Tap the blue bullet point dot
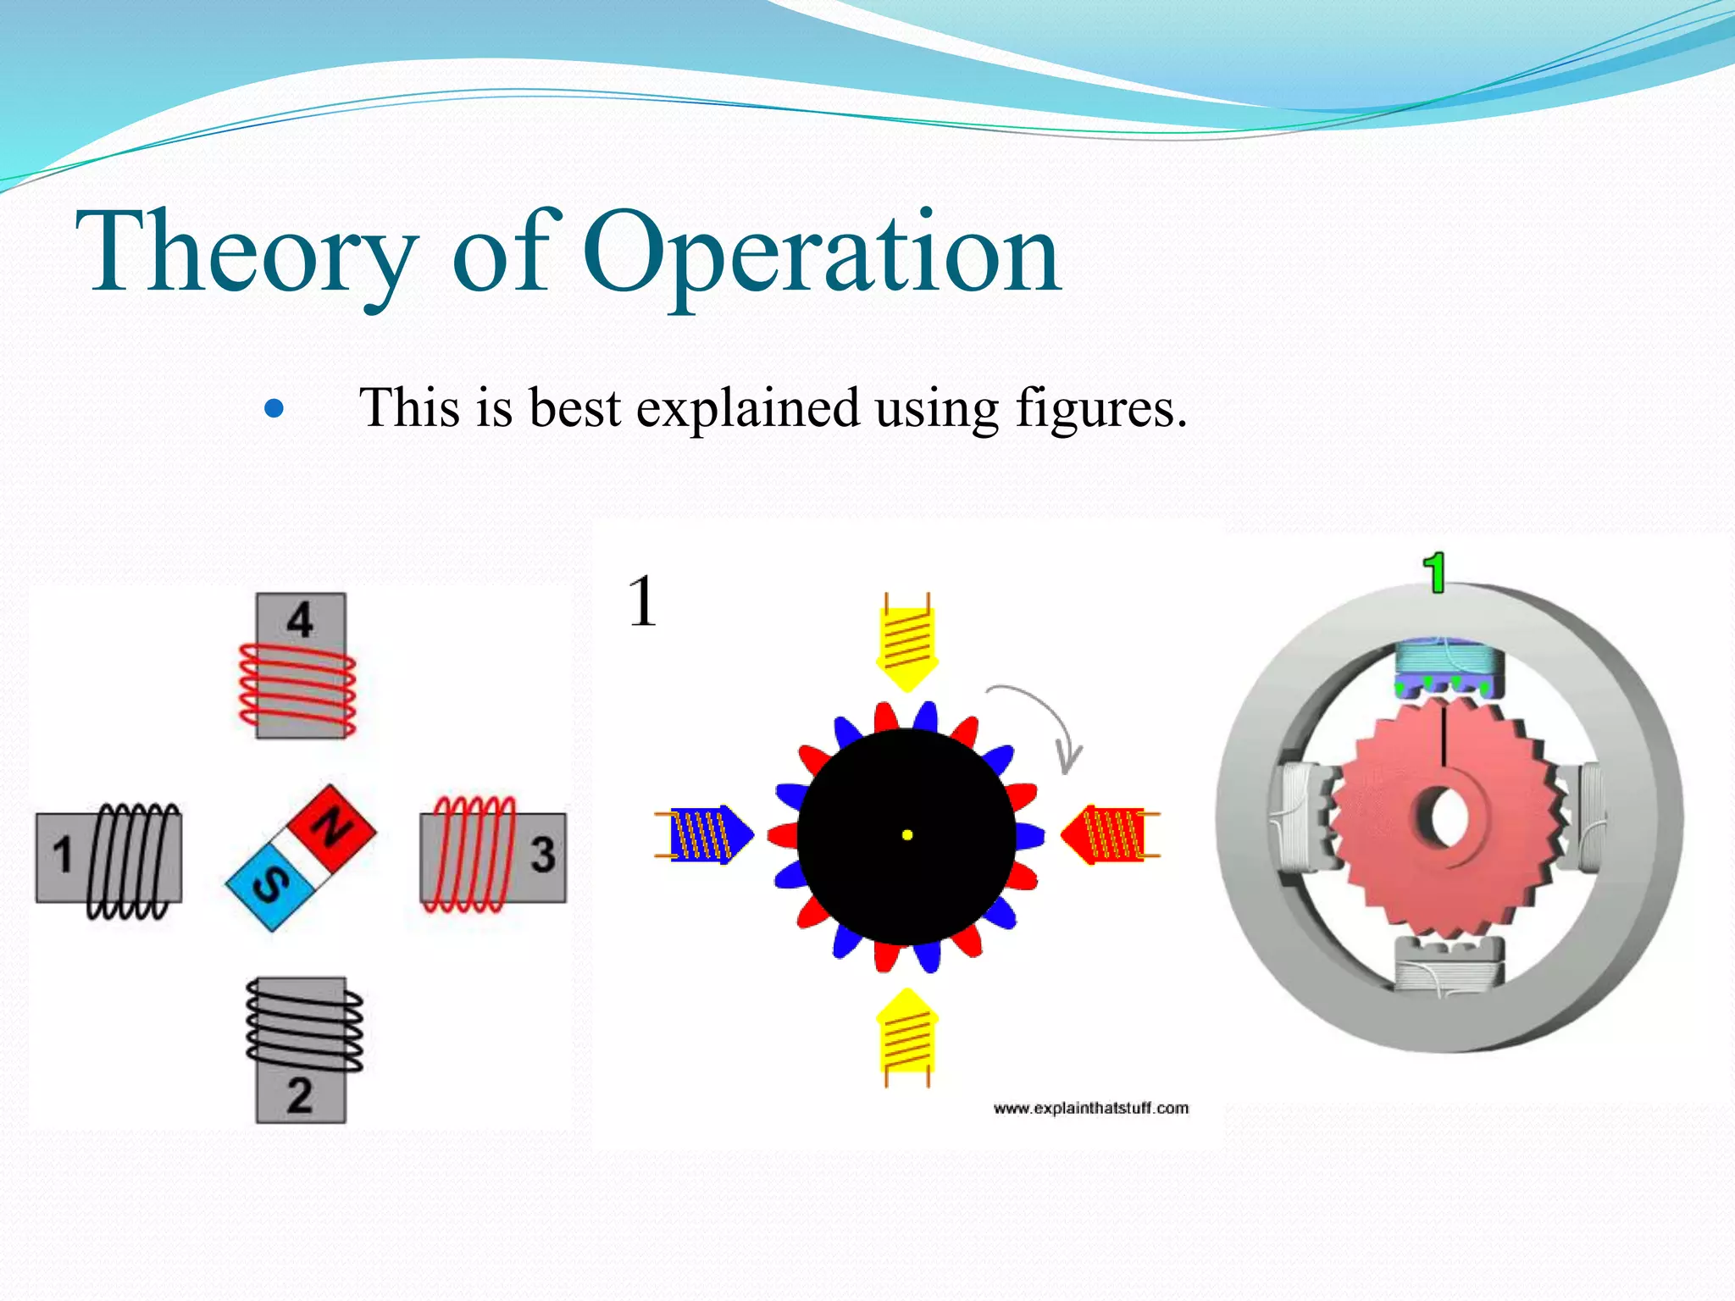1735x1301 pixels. tap(274, 410)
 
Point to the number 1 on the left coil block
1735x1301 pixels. tap(63, 855)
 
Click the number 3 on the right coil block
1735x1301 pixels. tap(542, 855)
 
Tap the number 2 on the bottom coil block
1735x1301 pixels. tap(300, 1095)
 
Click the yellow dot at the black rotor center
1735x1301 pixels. tap(907, 835)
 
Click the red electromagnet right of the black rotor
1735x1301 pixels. tap(1108, 834)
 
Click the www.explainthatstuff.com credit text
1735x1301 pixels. tap(1090, 1108)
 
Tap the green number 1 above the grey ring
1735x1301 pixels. tap(1434, 573)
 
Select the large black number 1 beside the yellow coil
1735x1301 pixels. tap(643, 601)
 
